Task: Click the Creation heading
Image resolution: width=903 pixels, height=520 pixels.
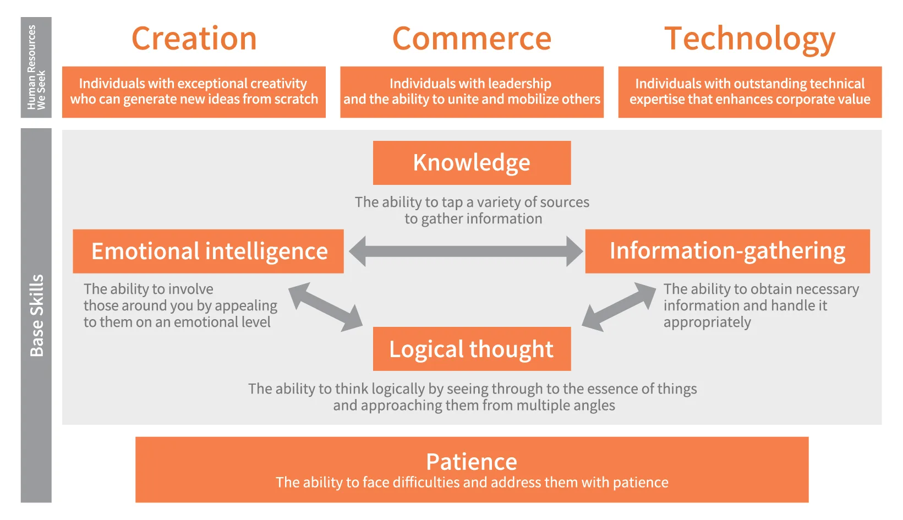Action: click(194, 39)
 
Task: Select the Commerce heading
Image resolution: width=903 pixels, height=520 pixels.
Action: click(472, 39)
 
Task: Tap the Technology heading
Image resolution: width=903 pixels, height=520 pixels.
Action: click(749, 40)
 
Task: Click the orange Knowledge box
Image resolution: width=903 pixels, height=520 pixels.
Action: click(472, 163)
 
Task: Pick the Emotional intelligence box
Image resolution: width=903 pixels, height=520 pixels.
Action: click(209, 251)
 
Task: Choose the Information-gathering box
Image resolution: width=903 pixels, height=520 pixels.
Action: click(727, 251)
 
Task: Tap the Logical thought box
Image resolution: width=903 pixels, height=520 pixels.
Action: click(472, 349)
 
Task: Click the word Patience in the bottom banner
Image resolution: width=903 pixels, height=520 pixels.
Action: click(472, 461)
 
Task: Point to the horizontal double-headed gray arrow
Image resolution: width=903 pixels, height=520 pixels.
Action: click(466, 251)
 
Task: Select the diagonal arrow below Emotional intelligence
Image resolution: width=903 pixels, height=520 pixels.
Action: click(325, 307)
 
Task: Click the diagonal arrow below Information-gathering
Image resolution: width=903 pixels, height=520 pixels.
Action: click(619, 307)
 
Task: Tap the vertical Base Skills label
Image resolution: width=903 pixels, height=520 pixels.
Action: click(36, 315)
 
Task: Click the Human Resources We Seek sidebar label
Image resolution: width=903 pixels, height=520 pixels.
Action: click(36, 67)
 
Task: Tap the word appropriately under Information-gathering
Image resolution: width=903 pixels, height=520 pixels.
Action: click(707, 322)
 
